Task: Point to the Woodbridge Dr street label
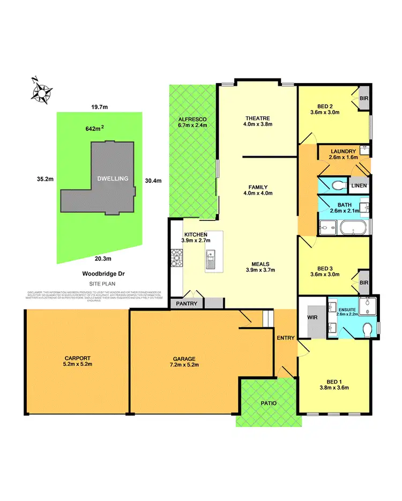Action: click(104, 273)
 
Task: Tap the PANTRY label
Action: click(187, 304)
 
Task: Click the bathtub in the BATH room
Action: click(353, 229)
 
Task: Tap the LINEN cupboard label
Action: click(359, 186)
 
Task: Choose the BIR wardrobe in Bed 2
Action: click(364, 99)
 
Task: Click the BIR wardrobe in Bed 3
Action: click(364, 283)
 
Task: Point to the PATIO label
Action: click(266, 402)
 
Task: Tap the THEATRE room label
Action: click(257, 119)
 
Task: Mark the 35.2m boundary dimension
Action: click(46, 179)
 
